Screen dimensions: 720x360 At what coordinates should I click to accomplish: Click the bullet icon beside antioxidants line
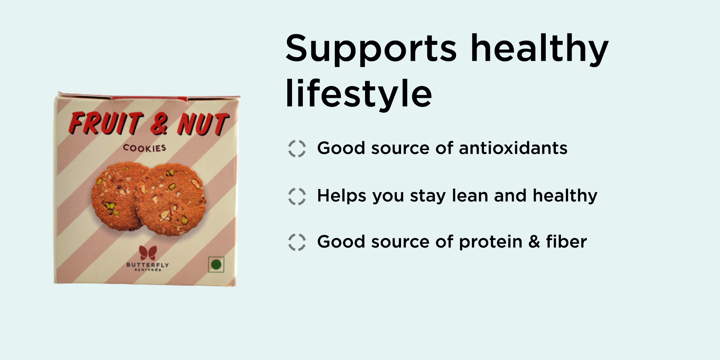(x=297, y=149)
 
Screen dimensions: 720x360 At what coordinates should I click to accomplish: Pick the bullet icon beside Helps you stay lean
(x=297, y=196)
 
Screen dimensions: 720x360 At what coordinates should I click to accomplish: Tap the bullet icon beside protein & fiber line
(x=297, y=242)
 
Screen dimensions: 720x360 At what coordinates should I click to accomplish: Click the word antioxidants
(x=513, y=148)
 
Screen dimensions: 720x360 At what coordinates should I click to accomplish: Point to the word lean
(x=470, y=195)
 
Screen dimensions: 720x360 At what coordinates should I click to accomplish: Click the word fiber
(x=566, y=241)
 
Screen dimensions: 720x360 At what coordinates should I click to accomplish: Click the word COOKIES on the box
(x=145, y=148)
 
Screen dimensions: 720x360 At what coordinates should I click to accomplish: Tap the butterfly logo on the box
(x=148, y=253)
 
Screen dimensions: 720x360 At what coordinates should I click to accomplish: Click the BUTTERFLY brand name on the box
(x=148, y=265)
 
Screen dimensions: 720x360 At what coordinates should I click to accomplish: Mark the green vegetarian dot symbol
(x=216, y=265)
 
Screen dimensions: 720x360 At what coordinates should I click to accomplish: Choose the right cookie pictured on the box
(x=171, y=199)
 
